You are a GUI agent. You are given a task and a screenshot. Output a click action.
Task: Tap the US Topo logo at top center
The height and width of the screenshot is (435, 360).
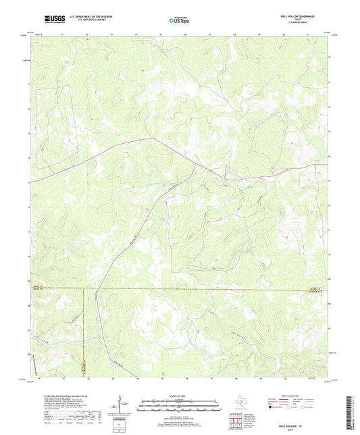coord(178,22)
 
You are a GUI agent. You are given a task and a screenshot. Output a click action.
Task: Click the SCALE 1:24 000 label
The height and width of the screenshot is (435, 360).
coord(179,396)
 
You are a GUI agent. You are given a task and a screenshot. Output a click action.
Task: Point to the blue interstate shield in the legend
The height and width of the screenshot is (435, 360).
coord(272,407)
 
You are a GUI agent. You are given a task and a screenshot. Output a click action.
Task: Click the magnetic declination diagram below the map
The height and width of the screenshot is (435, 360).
coord(122,409)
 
